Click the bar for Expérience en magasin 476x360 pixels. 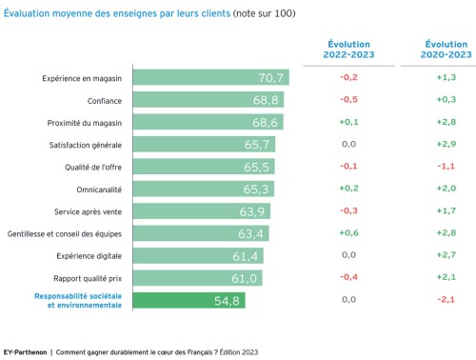210,77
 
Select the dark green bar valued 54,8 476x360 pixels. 188,300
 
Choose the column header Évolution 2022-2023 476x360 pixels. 348,50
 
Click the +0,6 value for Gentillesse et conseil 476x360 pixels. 348,232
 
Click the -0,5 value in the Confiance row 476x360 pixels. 348,99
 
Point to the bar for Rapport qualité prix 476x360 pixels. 197,277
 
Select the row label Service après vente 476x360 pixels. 89,210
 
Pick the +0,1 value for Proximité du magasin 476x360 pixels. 348,122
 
